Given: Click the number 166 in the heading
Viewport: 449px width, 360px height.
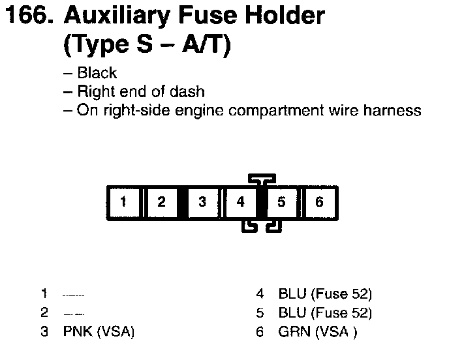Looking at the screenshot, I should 26,16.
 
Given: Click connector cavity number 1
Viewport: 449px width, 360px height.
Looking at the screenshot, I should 123,202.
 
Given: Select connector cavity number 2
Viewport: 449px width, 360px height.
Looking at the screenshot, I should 162,202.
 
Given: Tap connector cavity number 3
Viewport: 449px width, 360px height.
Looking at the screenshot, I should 202,202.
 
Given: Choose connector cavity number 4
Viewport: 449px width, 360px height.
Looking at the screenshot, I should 241,202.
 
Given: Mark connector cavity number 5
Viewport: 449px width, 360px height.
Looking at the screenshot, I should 281,202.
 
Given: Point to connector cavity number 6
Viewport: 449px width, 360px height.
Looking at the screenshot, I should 319,202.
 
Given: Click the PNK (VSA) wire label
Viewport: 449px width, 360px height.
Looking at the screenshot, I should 99,332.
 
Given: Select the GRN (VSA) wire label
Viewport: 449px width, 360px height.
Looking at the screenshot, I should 317,332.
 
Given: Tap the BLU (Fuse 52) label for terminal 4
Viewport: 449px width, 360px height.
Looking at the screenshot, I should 325,294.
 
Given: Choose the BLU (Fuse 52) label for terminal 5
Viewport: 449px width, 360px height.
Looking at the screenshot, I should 325,313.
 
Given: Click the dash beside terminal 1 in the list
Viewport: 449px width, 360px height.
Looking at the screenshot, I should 73,295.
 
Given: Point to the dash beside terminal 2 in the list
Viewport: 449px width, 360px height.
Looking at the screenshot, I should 73,314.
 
